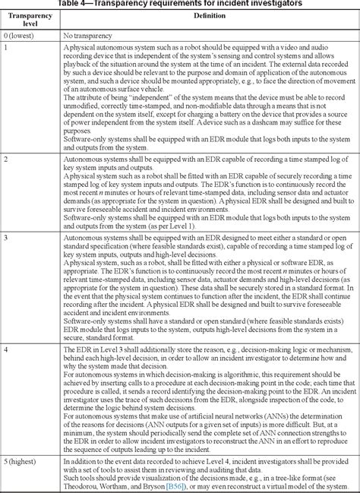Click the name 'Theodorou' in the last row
pos(83,476)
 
